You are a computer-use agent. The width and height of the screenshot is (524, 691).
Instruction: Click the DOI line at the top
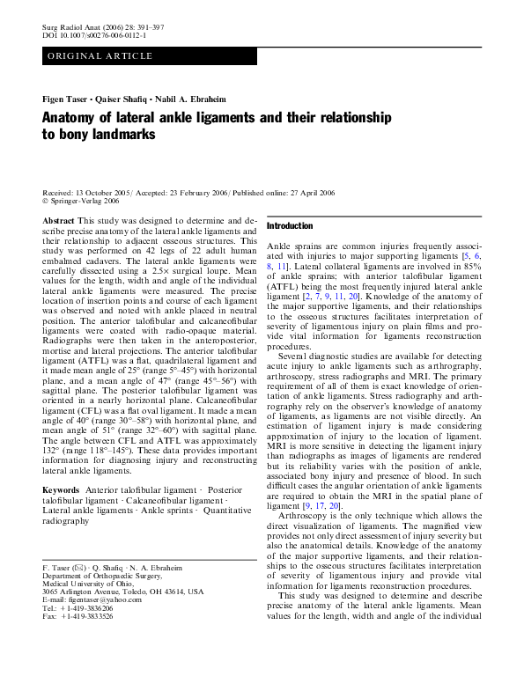pos(94,37)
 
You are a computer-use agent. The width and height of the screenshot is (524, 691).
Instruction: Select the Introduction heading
pos(290,226)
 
